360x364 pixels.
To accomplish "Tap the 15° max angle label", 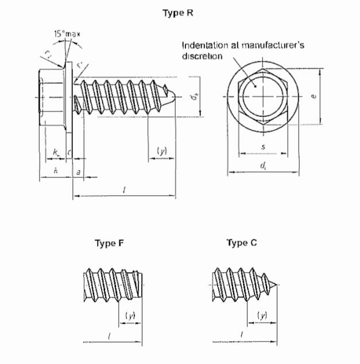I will click(67, 34).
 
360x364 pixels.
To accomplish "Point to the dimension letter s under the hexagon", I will click(263, 148).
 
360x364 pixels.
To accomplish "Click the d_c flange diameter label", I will click(263, 166).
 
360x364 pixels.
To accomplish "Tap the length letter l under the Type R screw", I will click(124, 189).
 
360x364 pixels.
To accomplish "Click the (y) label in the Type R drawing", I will click(162, 151).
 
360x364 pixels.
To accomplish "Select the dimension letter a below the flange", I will click(78, 171).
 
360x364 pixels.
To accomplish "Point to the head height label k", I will click(55, 171).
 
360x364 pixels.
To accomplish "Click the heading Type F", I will click(109, 243).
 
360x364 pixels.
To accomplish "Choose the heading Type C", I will click(242, 243).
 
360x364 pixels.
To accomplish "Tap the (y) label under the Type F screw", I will click(130, 315).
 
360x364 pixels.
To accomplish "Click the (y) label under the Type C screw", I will click(262, 315).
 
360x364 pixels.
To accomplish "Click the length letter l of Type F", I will click(109, 334).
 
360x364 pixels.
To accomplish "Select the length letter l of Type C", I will click(242, 334).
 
